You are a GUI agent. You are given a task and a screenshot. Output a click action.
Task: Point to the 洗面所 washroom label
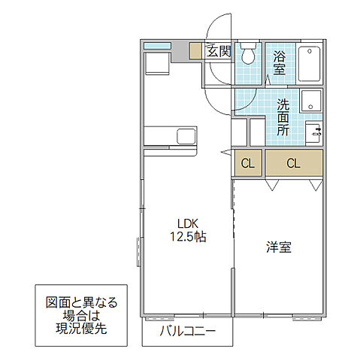tap(283, 117)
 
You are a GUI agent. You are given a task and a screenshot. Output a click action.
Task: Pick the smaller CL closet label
tap(247, 163)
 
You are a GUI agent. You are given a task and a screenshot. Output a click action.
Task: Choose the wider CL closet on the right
tap(293, 163)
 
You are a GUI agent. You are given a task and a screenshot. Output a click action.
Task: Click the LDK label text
tap(188, 223)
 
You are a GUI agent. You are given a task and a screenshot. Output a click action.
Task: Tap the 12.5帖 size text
tap(188, 235)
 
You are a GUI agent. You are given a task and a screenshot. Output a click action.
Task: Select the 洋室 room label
tap(278, 247)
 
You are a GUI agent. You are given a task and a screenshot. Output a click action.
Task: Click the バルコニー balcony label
tap(188, 331)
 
